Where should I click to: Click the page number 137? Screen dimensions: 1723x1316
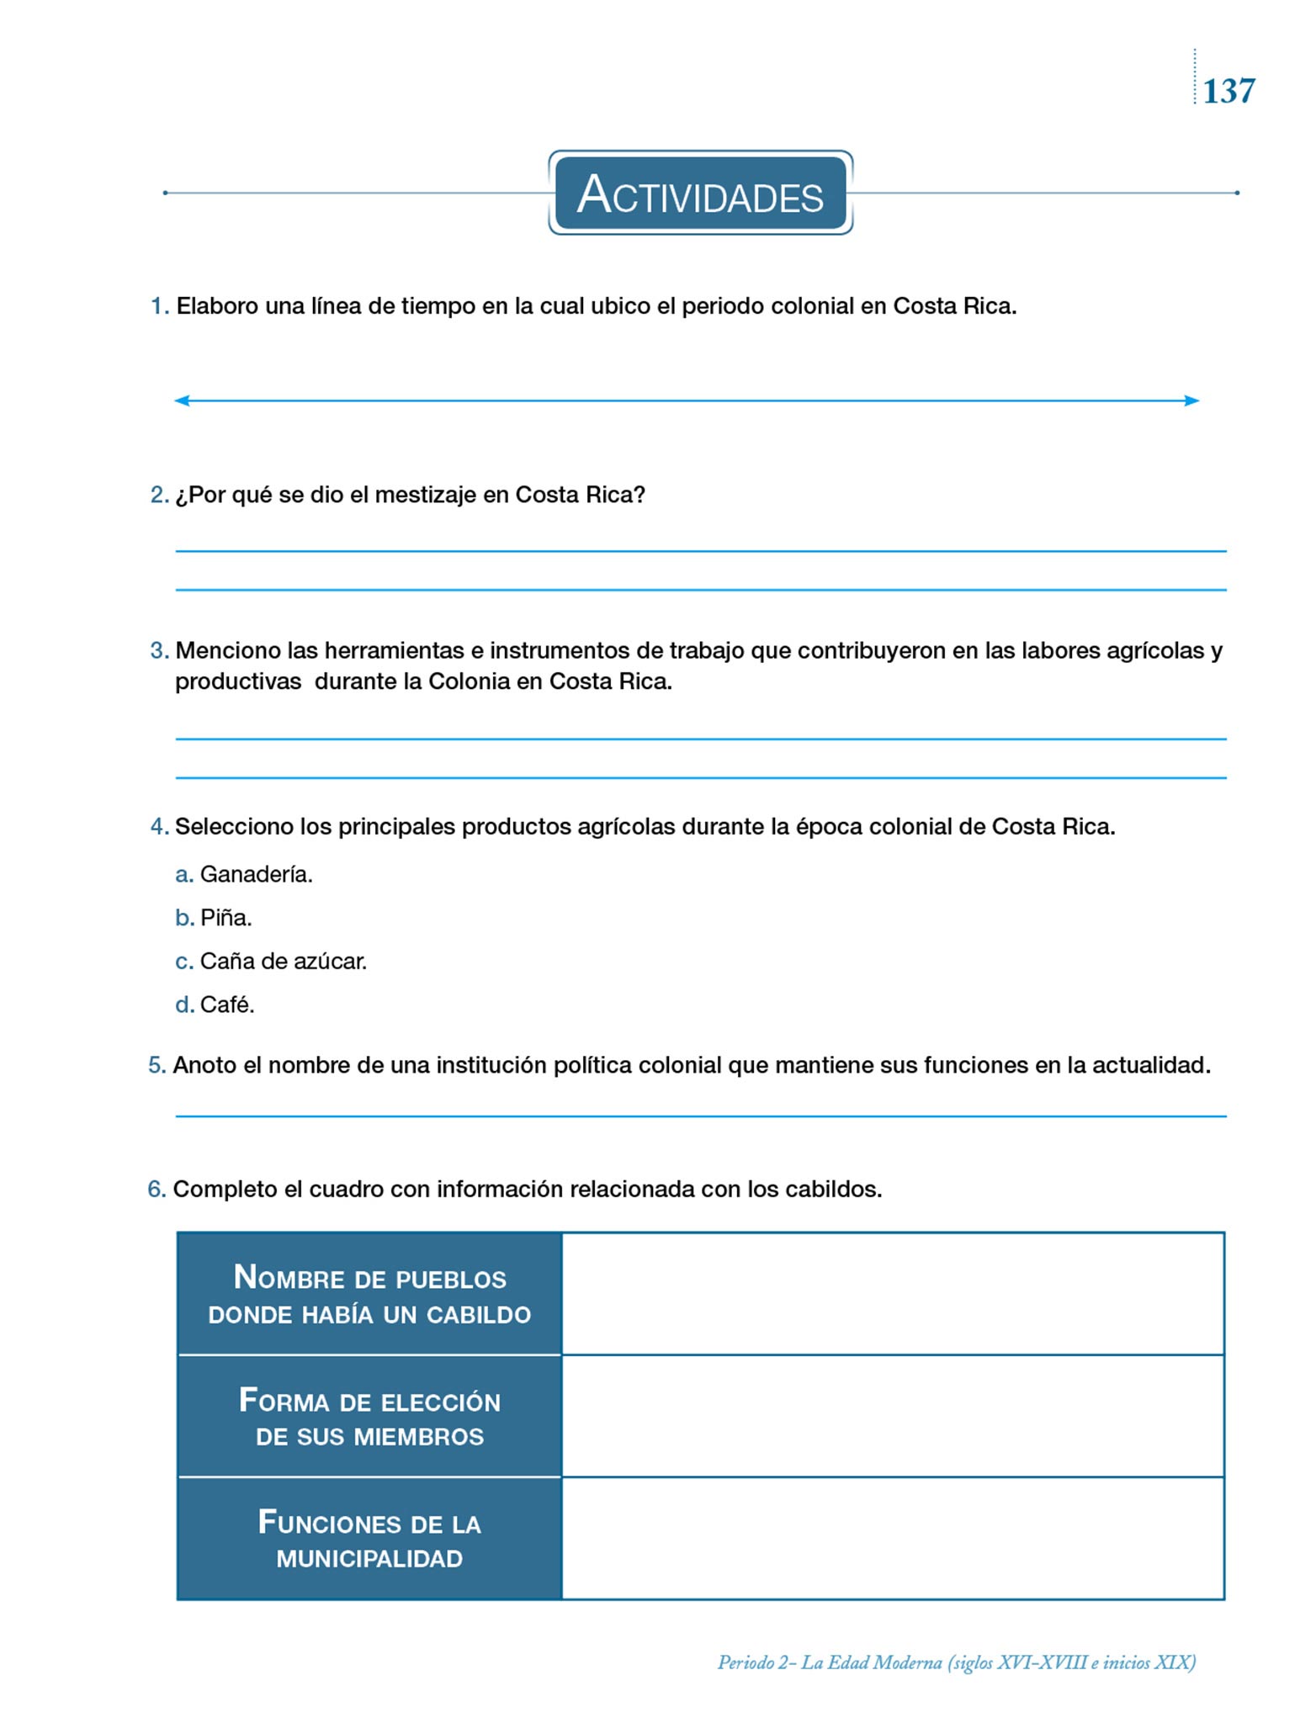tap(1228, 91)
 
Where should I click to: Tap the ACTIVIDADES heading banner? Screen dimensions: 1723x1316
tap(700, 194)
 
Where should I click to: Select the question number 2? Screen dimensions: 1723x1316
tap(159, 495)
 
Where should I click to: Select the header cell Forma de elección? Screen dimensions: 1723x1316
tap(369, 1417)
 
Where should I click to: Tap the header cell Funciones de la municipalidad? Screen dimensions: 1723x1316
tap(369, 1539)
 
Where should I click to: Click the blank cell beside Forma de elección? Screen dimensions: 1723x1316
tap(892, 1417)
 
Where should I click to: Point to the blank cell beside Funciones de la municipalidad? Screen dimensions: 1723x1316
tap(892, 1539)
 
